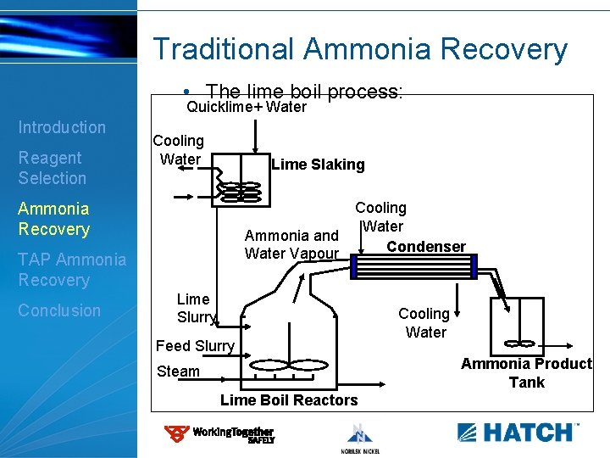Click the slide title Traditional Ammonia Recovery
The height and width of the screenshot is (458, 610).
360,49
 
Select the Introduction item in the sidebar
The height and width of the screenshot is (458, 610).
62,127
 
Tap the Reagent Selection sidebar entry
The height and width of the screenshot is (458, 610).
52,168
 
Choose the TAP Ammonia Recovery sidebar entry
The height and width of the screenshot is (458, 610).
72,270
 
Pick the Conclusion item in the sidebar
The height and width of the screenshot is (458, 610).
59,310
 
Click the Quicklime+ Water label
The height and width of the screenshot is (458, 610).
246,108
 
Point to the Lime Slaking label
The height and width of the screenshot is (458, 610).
318,165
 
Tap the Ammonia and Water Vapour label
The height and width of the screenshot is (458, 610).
291,244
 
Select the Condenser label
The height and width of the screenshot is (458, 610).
425,247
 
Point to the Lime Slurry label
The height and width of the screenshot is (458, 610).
197,308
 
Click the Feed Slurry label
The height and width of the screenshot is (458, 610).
195,346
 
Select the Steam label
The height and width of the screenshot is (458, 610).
178,371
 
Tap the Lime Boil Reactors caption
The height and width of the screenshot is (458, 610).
289,400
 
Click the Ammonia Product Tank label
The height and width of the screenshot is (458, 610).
526,372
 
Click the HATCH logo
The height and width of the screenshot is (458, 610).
518,432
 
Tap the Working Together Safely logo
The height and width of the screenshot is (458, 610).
219,434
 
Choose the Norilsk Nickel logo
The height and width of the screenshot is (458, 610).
359,438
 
